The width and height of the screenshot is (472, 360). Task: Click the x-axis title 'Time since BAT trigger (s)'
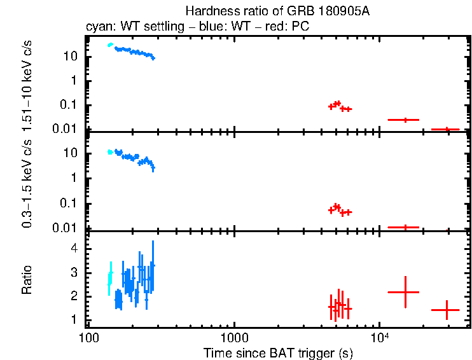(278, 352)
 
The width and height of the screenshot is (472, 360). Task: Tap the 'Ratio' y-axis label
(27, 280)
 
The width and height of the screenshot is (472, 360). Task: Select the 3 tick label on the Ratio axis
(74, 272)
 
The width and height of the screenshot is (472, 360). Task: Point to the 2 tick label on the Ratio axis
(74, 296)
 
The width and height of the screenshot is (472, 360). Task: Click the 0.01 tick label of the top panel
(67, 130)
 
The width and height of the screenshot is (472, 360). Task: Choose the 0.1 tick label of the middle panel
(70, 204)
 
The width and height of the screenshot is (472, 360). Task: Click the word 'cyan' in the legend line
(97, 28)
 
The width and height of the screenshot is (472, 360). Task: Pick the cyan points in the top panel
(110, 45)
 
